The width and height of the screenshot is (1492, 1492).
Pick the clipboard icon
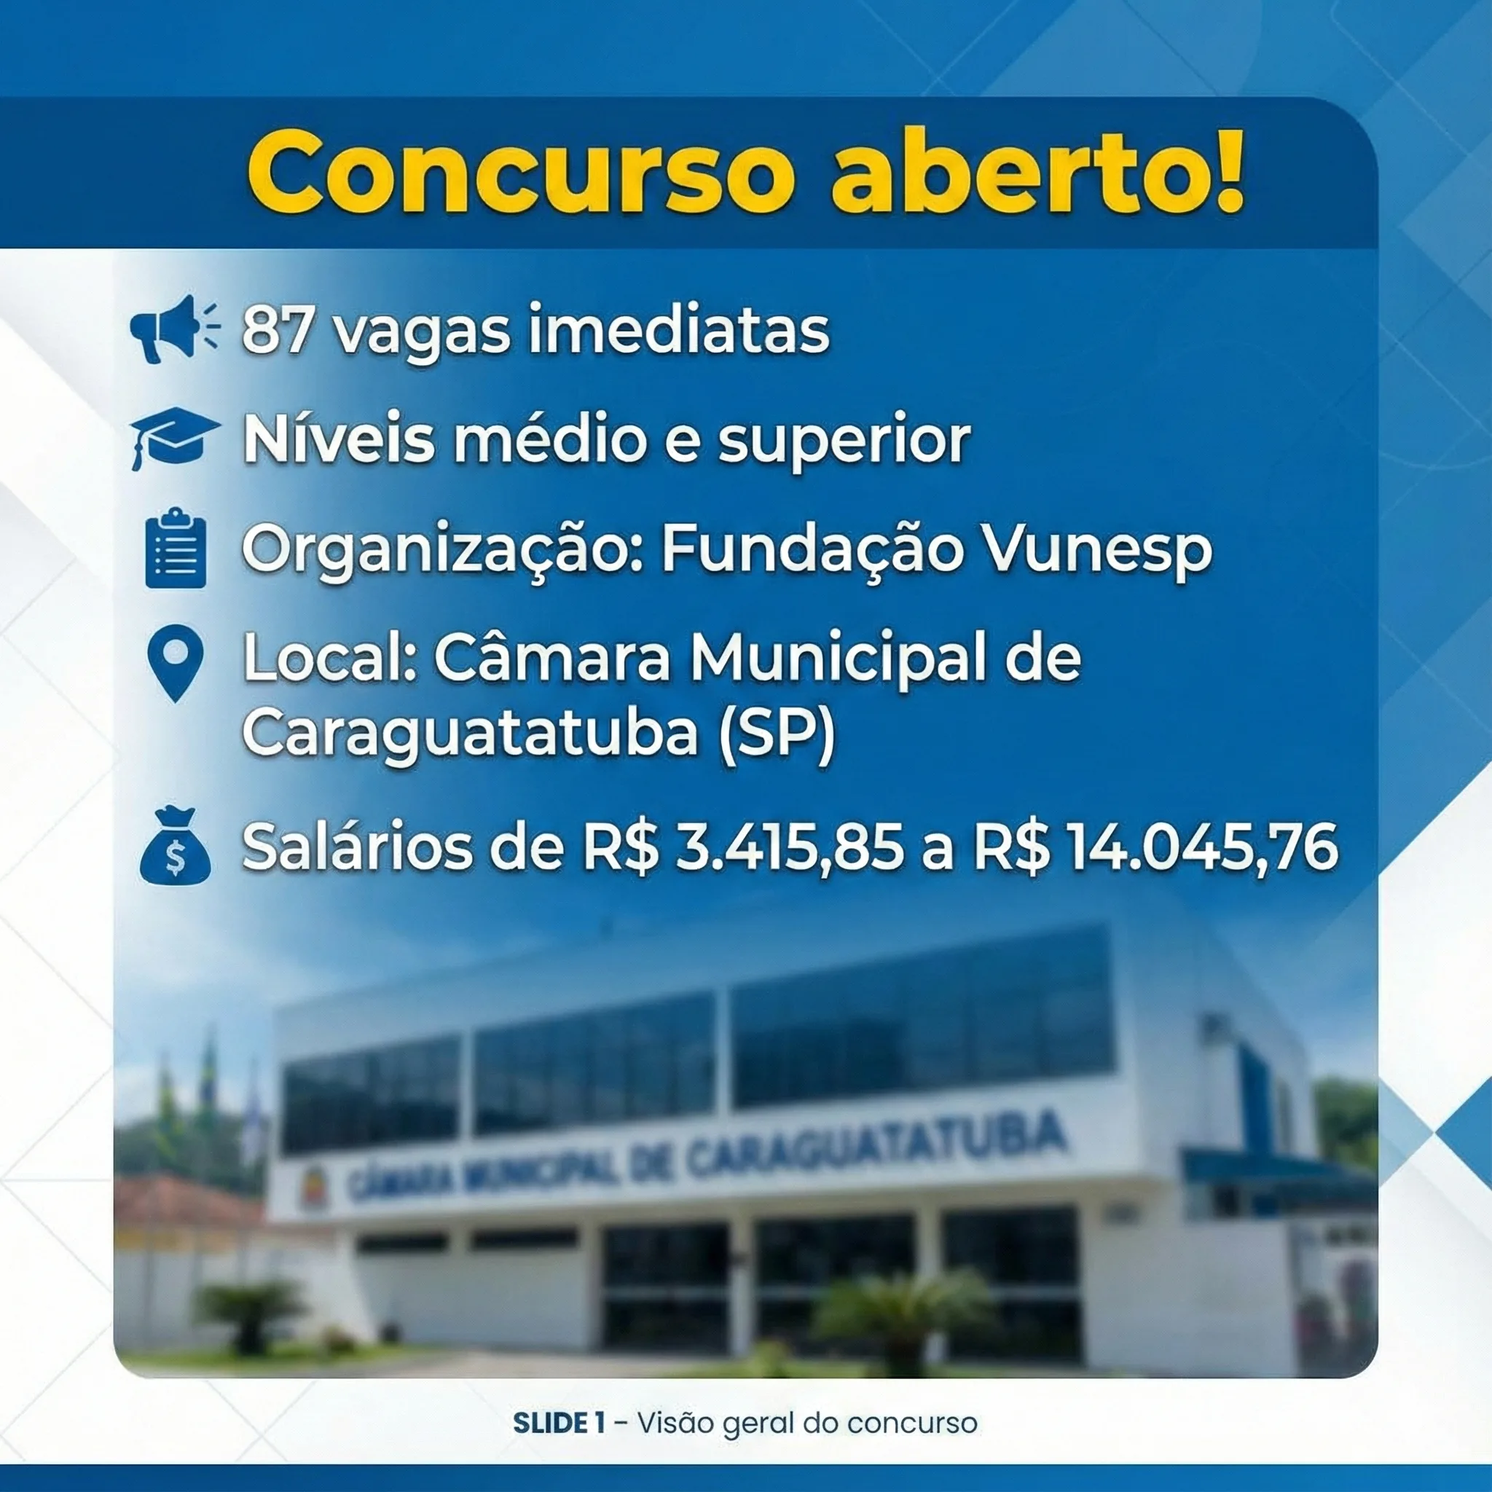(x=176, y=548)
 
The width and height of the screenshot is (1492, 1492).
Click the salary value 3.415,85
(x=789, y=848)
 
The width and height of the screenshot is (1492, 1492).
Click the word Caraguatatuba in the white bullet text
(x=471, y=734)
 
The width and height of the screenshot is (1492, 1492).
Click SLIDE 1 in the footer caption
(x=558, y=1423)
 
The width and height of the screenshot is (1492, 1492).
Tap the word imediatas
(x=678, y=330)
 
